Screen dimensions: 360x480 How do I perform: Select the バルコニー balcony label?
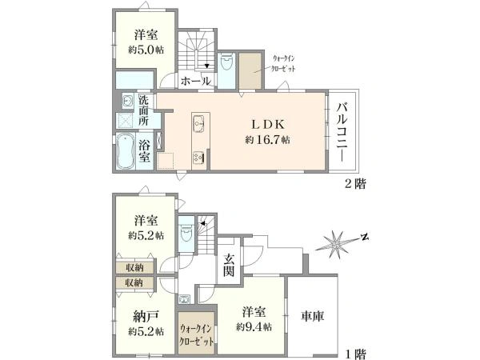(x=342, y=131)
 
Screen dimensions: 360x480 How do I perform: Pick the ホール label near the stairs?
(x=195, y=82)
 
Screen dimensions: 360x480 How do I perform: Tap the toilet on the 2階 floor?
(x=226, y=64)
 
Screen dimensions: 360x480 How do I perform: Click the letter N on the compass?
(x=364, y=237)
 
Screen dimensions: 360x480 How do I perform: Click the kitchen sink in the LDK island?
(x=198, y=125)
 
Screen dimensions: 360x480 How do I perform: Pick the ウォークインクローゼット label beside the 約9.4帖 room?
(x=197, y=334)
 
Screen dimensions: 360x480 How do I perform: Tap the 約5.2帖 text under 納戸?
(x=145, y=330)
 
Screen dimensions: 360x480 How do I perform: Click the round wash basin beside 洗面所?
(x=127, y=101)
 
